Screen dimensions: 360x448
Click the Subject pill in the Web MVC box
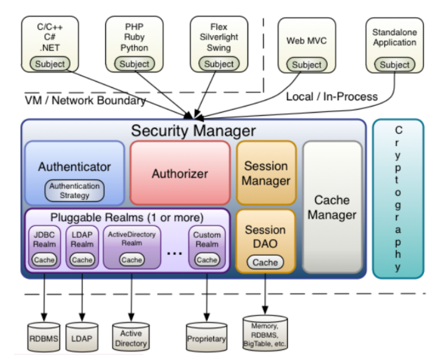(307, 64)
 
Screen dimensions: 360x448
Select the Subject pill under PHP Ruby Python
(134, 64)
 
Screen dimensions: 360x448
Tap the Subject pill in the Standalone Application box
(395, 64)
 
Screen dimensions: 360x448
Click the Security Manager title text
(193, 131)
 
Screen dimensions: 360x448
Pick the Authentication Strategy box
(74, 191)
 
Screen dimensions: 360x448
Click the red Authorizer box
(180, 174)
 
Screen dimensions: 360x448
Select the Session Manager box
(266, 173)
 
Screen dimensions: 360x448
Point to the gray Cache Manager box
(332, 207)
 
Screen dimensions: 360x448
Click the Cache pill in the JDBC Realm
(44, 260)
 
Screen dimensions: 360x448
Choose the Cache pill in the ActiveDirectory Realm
(132, 260)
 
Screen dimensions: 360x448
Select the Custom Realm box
(207, 246)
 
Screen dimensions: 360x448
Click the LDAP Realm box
(82, 246)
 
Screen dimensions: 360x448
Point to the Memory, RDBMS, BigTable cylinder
(265, 333)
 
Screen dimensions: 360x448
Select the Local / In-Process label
(332, 96)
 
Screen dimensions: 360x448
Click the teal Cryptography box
(398, 199)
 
